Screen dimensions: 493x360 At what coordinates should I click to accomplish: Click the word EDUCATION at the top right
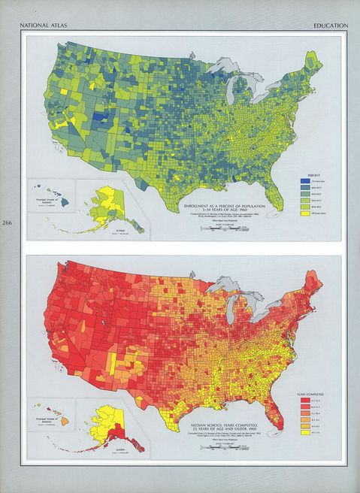point(330,26)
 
